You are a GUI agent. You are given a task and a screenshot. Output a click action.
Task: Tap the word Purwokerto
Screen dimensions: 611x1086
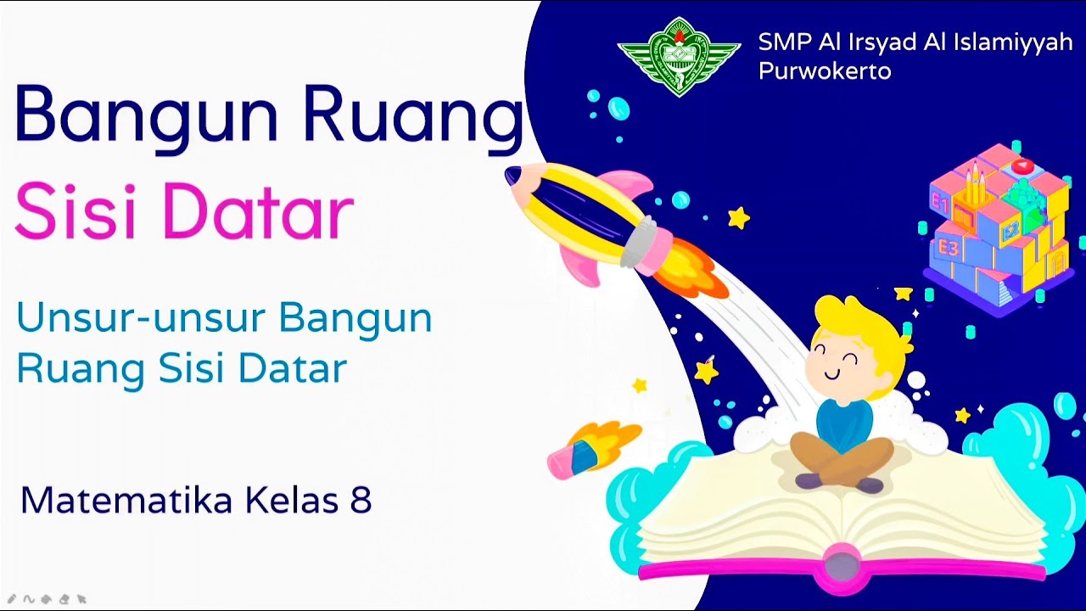824,71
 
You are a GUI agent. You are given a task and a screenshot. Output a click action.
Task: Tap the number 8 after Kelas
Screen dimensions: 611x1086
361,501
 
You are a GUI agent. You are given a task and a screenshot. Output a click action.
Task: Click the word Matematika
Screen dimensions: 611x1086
126,501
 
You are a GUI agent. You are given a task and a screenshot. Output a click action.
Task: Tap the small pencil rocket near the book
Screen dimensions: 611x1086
590,448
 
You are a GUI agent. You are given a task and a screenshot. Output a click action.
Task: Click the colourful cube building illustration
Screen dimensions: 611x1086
997,225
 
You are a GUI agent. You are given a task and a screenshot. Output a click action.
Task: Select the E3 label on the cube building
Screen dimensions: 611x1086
948,249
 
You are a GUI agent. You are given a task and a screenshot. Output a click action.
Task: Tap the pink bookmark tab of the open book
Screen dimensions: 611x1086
840,567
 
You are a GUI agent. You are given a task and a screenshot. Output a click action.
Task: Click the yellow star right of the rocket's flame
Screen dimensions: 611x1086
739,218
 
